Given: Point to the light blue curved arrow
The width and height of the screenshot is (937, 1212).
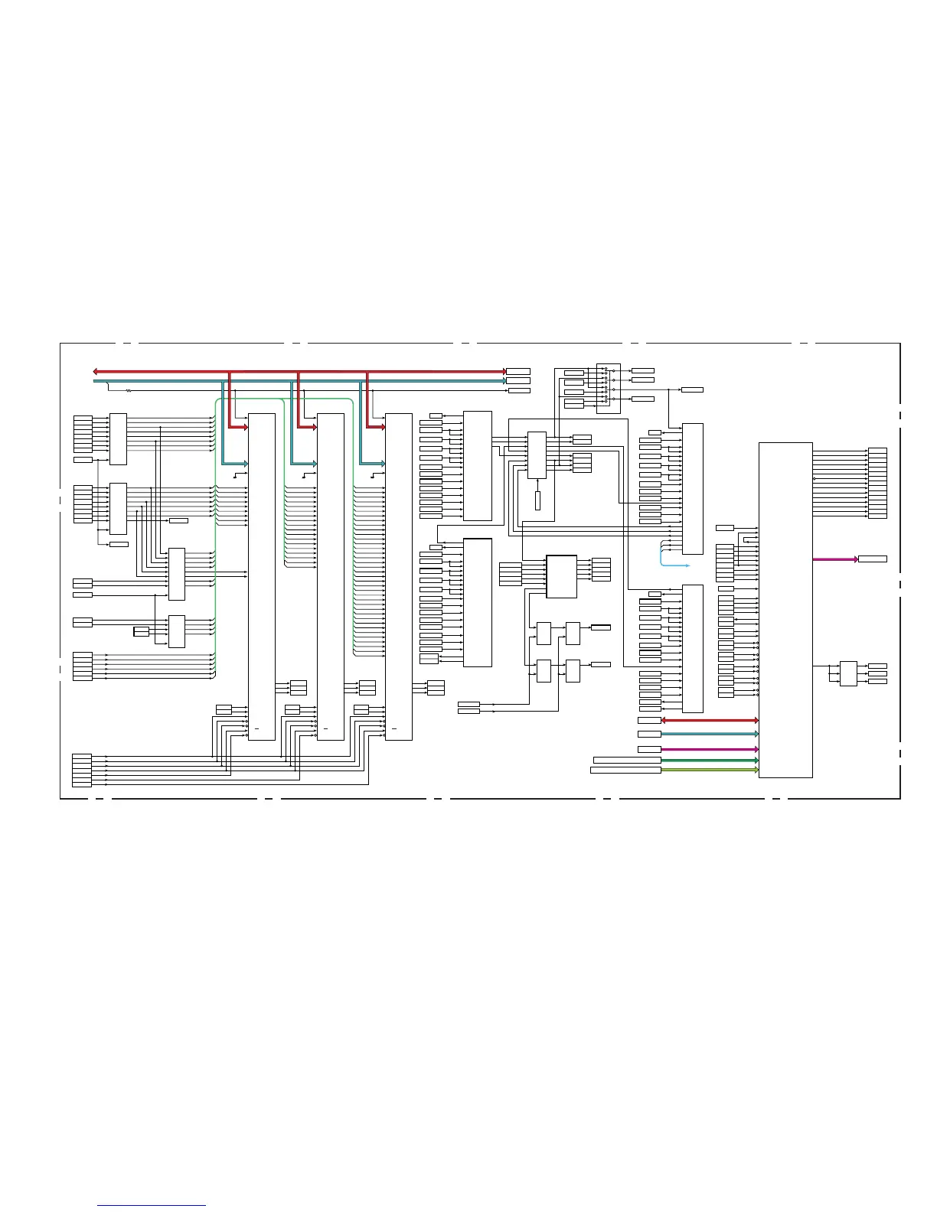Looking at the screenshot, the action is (x=667, y=561).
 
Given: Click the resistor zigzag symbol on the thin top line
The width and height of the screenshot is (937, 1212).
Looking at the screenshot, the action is (x=129, y=390).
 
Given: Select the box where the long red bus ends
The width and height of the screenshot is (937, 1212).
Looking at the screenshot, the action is (x=517, y=372).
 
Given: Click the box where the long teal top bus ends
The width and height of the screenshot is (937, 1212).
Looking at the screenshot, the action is (x=517, y=381).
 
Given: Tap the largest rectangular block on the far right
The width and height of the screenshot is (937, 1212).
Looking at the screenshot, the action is (x=785, y=609).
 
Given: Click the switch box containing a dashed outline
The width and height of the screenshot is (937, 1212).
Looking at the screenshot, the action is (x=608, y=388).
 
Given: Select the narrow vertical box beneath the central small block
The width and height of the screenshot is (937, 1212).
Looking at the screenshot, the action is (x=537, y=501).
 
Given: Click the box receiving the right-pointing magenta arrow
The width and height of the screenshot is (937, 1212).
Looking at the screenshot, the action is (x=872, y=559).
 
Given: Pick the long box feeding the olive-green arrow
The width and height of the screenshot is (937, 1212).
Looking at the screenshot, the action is (x=625, y=770).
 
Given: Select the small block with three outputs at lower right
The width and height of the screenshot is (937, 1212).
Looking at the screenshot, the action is (x=848, y=673).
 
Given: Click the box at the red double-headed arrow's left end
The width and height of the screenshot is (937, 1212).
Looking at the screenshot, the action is (x=649, y=721).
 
